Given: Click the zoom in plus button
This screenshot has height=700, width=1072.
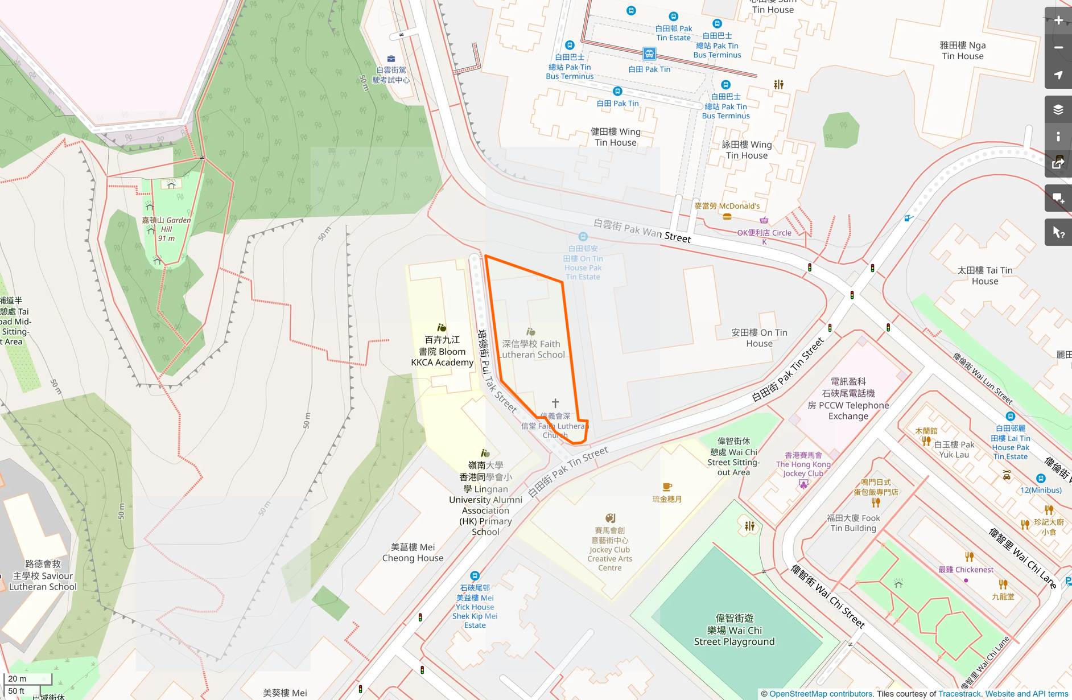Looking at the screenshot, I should pos(1058,20).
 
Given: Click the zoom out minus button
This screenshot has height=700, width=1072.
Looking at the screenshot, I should pos(1058,48).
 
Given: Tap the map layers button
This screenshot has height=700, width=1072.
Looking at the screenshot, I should pos(1058,109).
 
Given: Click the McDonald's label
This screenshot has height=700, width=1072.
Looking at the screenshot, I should pos(727,206).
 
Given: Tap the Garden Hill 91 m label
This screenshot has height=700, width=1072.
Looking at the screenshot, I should pos(166,229).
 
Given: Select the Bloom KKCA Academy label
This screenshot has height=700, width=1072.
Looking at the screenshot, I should pos(442,351).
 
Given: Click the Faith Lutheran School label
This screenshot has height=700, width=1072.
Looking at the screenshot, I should pos(532,349).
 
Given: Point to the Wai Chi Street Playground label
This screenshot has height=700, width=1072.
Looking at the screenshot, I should pos(734,629).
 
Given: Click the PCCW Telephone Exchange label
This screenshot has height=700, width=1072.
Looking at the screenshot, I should pos(848,399).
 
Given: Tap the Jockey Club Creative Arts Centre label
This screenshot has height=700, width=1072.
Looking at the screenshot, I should pos(609,549).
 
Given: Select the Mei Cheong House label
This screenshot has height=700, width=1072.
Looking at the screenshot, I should pos(413,552).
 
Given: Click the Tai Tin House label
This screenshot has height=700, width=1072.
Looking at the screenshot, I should pos(984,275).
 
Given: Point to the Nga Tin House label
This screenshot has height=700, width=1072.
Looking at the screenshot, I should pos(962,51).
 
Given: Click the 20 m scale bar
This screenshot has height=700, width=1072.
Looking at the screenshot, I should pos(27,678).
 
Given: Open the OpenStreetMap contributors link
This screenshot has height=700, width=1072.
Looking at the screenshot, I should pos(821,694).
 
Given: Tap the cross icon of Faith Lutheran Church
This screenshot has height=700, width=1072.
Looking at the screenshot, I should pos(555,403).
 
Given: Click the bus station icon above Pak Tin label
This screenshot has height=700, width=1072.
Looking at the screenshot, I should pos(649,54).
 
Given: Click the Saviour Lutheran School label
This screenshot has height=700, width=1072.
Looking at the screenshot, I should pos(43,575).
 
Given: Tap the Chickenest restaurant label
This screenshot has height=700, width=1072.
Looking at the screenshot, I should pos(966,569).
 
